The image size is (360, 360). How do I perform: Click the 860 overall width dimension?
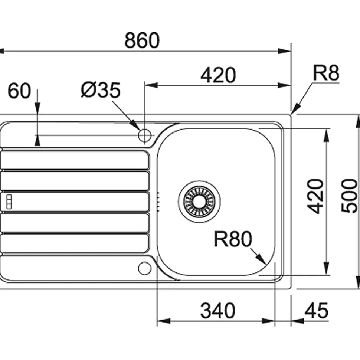(x=142, y=40)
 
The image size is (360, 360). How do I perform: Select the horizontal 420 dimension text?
(x=218, y=75)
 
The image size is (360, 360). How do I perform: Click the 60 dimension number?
(x=19, y=91)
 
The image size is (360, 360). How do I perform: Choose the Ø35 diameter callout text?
(x=101, y=90)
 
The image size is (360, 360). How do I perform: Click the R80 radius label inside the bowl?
(x=233, y=239)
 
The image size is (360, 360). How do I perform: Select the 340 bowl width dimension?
(x=218, y=311)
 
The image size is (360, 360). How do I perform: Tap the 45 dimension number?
(x=316, y=311)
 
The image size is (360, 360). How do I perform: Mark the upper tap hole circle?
(x=144, y=135)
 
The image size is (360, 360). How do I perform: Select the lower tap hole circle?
(x=144, y=268)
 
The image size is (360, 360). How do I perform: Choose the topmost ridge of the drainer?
(x=74, y=160)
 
